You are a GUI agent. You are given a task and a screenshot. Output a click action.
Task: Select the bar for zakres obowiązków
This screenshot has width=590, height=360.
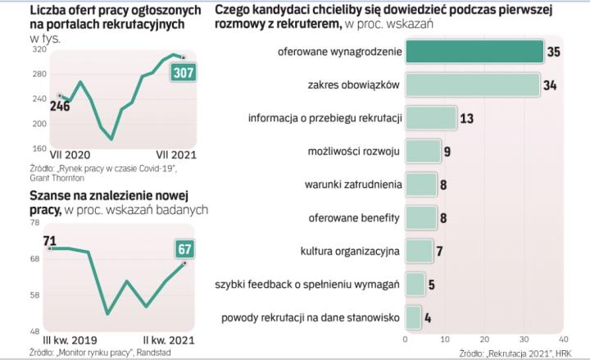coord(472,85)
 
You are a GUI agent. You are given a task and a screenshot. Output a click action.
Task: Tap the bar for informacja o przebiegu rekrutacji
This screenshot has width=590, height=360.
coord(431,118)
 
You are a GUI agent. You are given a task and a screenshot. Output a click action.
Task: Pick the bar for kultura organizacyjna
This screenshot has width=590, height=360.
coord(419,250)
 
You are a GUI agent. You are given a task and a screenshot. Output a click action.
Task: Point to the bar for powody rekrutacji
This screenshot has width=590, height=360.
coord(413,317)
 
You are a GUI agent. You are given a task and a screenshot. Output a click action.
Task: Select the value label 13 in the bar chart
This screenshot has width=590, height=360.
coord(468,118)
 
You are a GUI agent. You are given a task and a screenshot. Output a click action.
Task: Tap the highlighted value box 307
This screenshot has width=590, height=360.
coord(182,73)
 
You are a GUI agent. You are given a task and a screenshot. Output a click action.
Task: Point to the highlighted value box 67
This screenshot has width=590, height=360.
coord(183,248)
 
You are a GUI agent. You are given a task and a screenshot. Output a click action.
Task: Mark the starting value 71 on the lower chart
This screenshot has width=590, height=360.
coord(49,240)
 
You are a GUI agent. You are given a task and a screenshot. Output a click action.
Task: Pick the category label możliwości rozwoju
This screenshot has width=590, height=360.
coord(353,151)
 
